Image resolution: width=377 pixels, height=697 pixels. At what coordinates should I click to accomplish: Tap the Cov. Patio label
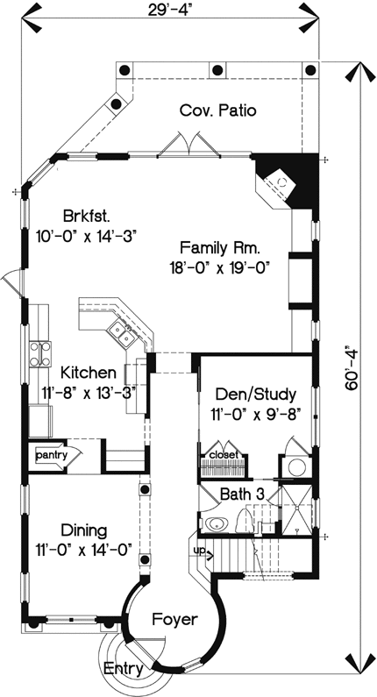[x=217, y=110]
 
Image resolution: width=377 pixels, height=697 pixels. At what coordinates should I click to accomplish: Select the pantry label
[x=52, y=456]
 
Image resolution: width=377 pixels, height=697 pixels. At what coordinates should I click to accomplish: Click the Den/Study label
[x=253, y=394]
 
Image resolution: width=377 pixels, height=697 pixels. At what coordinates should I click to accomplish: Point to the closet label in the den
[x=224, y=456]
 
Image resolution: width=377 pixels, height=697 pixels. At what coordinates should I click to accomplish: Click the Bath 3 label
[x=247, y=494]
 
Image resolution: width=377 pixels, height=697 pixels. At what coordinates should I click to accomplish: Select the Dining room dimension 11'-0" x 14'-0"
[x=84, y=550]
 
